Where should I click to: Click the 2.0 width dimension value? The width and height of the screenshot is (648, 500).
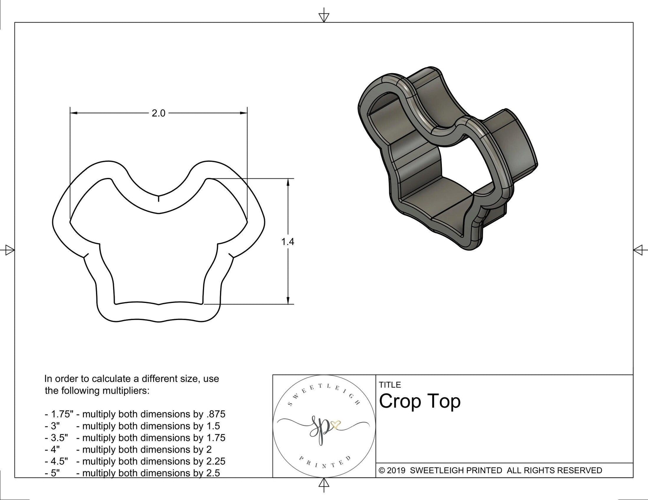click(x=158, y=114)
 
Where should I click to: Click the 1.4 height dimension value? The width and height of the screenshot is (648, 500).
click(x=288, y=242)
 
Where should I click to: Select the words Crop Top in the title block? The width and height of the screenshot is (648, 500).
click(x=420, y=401)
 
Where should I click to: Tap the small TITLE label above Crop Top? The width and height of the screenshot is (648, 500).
click(x=390, y=385)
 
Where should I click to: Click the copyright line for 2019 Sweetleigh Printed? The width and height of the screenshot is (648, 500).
click(x=490, y=470)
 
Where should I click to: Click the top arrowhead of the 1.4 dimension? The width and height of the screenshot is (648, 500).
click(x=288, y=182)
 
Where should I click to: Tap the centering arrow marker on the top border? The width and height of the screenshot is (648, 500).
click(x=324, y=17)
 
